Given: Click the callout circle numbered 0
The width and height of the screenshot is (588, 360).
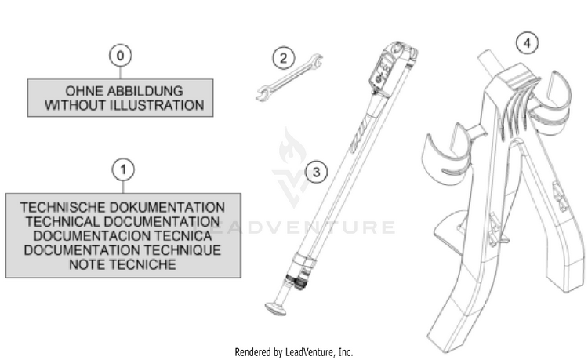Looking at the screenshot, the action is click(x=121, y=56).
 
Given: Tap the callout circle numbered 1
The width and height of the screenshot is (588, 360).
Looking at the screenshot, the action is click(x=123, y=170).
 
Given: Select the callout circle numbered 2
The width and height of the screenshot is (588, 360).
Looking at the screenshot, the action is click(x=284, y=58).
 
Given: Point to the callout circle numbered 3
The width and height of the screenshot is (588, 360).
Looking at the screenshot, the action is click(x=317, y=172).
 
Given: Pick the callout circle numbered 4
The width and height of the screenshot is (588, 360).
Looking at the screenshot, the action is click(x=528, y=43).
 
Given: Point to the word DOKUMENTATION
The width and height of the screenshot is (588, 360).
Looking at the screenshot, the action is click(x=168, y=207).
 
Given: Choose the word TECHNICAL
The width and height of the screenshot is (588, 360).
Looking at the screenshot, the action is click(x=63, y=222).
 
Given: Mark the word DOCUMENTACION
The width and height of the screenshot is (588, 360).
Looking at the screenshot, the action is click(x=92, y=236).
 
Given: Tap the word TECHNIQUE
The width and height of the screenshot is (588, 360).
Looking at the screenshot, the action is click(x=183, y=250).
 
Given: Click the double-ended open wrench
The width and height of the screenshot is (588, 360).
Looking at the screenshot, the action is click(x=289, y=78).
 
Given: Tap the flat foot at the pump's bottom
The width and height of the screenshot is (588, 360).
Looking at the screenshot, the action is click(x=275, y=309).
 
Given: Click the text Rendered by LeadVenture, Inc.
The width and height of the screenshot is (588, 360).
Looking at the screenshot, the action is click(x=294, y=352).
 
